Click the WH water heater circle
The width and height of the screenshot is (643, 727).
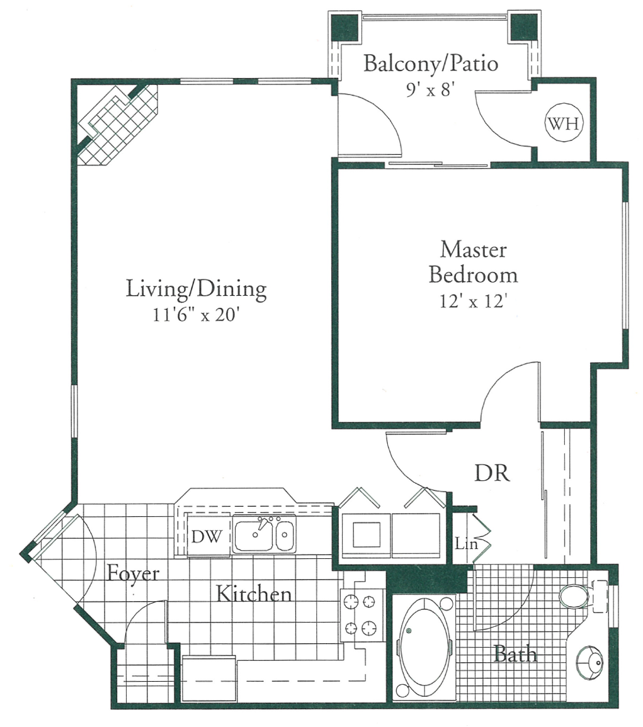(x=564, y=123)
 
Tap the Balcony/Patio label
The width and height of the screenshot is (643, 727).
(x=431, y=64)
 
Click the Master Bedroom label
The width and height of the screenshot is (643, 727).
(x=474, y=262)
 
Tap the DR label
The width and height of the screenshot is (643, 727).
(x=492, y=473)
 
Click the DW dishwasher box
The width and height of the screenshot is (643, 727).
(x=206, y=536)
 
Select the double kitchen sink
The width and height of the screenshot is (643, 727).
(x=263, y=536)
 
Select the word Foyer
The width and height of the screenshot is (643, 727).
(x=132, y=573)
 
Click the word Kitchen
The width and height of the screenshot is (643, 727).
(x=254, y=594)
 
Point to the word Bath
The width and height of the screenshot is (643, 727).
(x=515, y=654)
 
